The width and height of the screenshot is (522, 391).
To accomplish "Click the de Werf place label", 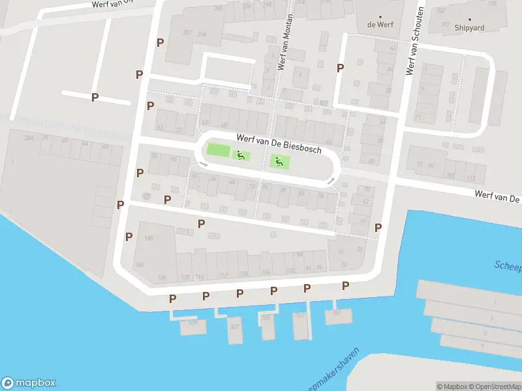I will tap(380, 25).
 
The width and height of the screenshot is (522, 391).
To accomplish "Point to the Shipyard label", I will tap(470, 27).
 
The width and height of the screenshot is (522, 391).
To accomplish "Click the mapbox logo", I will tap(29, 383).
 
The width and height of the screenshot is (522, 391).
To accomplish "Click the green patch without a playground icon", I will tap(219, 151).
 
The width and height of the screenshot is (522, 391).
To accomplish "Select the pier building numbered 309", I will tap(192, 325).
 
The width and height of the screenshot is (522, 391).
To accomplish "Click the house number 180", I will tap(139, 265).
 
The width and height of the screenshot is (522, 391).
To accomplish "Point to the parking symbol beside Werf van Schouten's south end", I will tap(378, 227).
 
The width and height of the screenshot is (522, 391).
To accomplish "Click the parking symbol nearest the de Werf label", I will tap(339, 68).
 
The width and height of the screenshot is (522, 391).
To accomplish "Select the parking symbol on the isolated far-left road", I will tap(95, 97).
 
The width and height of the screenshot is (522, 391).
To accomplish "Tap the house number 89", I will tap(371, 161).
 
